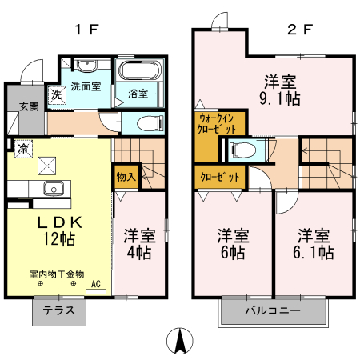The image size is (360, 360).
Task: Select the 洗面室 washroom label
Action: point(85,86)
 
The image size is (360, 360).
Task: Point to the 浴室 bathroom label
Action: point(138,94)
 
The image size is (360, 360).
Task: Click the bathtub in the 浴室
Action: point(139,70)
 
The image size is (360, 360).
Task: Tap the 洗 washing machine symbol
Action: point(56,94)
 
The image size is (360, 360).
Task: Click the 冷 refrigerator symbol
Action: point(23,148)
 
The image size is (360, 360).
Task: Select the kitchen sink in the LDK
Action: point(54,190)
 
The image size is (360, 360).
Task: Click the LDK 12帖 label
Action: point(58,229)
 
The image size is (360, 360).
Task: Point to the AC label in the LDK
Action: point(95,283)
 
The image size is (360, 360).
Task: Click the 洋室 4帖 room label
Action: point(139,245)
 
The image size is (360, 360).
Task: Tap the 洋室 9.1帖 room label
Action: point(282,90)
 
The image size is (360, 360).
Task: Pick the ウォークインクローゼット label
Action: point(218,124)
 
